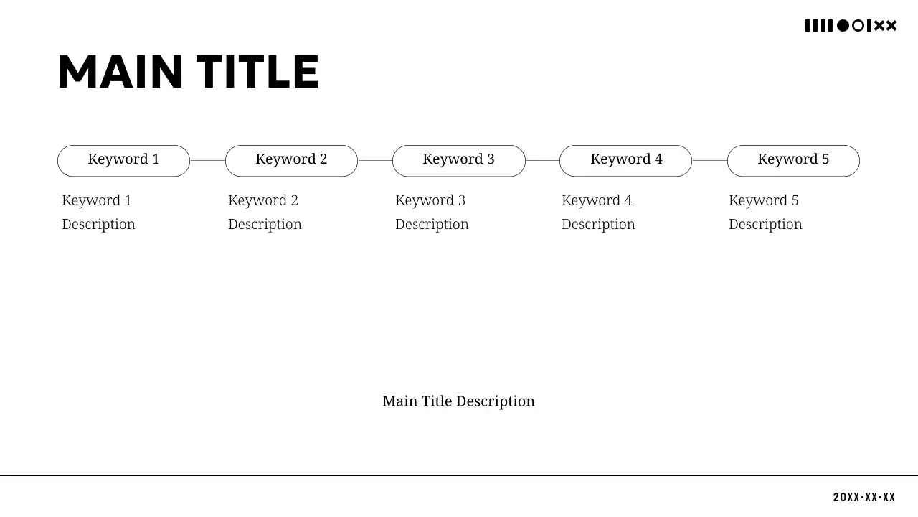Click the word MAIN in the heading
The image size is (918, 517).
click(x=120, y=73)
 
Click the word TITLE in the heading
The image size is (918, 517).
click(x=257, y=73)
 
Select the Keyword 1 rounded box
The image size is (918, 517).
click(x=123, y=160)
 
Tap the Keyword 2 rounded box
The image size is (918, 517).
click(x=291, y=160)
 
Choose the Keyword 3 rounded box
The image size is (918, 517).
click(x=459, y=160)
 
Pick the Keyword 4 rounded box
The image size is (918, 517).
click(x=625, y=160)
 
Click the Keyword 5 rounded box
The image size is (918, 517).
click(x=793, y=160)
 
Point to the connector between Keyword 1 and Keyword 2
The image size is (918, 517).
click(x=207, y=160)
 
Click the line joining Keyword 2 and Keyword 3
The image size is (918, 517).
click(x=375, y=160)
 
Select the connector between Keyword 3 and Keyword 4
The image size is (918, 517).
click(x=542, y=160)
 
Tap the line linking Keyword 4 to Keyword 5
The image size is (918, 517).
click(x=709, y=160)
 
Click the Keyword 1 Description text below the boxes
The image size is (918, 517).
click(x=98, y=212)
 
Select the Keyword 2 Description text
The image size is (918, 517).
click(x=265, y=212)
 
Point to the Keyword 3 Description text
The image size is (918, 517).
click(x=432, y=212)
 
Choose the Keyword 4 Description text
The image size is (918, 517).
click(x=598, y=212)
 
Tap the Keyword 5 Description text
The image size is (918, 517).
click(x=765, y=212)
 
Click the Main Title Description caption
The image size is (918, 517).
click(x=458, y=401)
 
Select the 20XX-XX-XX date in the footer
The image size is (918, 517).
click(x=864, y=498)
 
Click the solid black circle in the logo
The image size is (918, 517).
click(x=843, y=26)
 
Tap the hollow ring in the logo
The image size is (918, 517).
click(x=858, y=26)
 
